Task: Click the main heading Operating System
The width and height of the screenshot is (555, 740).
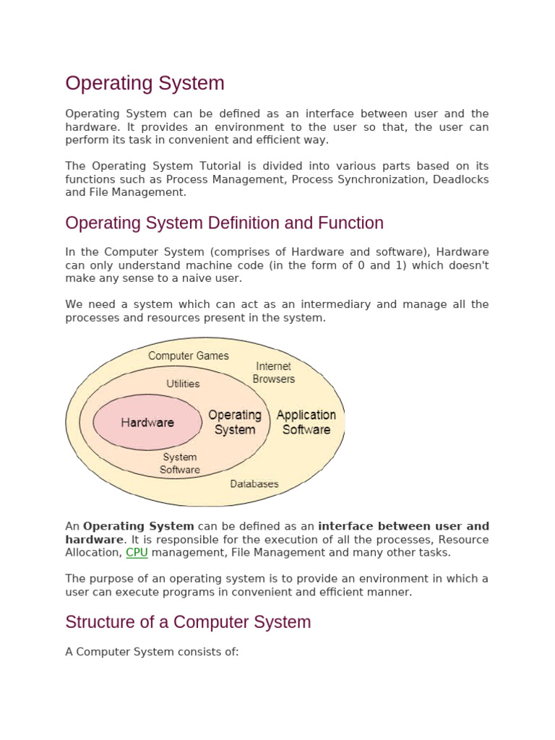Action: coord(145,83)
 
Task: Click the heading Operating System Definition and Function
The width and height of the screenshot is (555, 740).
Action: coord(224,223)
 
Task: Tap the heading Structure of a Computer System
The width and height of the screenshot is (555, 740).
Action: coord(188,622)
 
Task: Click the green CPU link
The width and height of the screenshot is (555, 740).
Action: coord(137,553)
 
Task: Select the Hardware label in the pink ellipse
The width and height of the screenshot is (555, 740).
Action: coord(147,423)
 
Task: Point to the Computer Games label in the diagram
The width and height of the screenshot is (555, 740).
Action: coord(188,356)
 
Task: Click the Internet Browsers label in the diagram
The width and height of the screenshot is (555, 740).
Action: coord(274,372)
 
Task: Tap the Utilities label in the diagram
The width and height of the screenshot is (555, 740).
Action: coord(183,384)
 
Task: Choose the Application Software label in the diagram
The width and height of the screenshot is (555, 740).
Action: coord(306,422)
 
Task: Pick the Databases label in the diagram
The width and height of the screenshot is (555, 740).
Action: coord(254,483)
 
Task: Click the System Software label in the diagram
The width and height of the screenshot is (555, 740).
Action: coord(180,463)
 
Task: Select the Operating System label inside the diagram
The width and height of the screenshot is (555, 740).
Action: coord(235,422)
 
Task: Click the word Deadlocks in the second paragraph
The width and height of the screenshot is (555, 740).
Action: coord(460,179)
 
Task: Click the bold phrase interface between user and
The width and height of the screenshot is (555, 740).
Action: coord(403,526)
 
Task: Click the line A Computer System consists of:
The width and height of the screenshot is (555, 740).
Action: coord(152,652)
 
